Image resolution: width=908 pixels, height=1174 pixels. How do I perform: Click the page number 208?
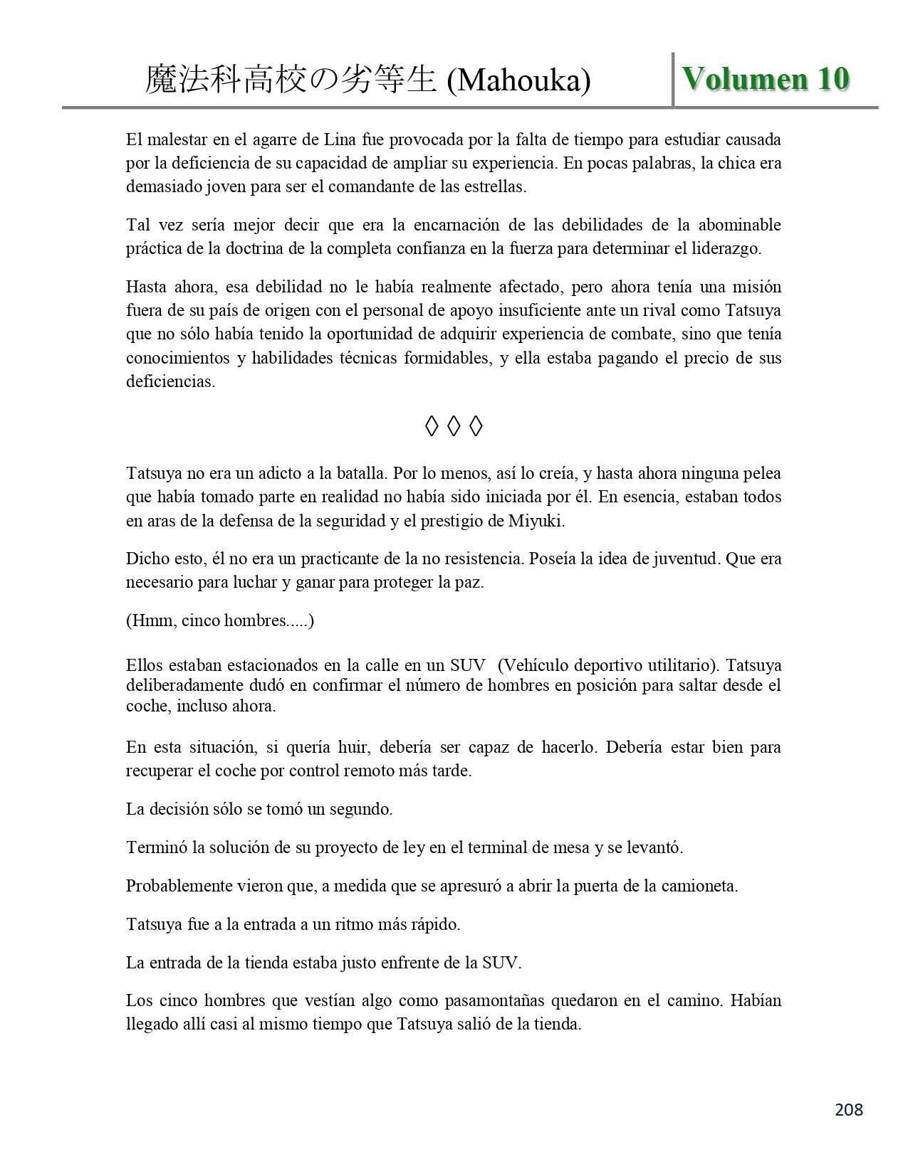coord(848,1109)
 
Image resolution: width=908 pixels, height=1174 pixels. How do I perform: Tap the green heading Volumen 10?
coord(766,79)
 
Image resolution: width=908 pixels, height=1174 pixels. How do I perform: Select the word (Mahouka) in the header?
coord(518,81)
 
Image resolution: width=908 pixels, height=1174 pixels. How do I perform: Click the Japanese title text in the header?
coord(291,80)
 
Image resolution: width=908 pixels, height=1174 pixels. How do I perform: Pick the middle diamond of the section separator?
coord(454,426)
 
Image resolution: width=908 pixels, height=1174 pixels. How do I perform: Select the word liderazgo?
coord(726,248)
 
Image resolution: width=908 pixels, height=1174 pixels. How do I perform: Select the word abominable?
coord(739,225)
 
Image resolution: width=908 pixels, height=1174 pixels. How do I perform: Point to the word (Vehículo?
coord(533,666)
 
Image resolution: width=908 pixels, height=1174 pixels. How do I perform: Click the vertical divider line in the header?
coord(673,79)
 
